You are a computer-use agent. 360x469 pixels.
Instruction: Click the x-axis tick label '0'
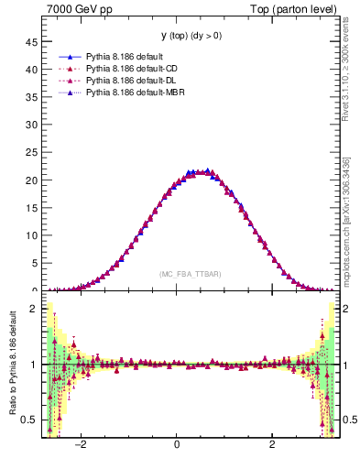pos(177,444)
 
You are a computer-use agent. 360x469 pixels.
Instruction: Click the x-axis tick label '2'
pos(272,444)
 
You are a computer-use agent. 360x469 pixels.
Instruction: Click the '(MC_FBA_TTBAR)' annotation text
pos(189,274)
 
